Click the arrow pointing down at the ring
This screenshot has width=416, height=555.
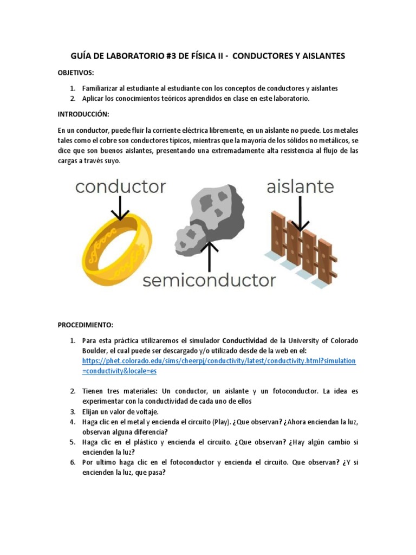click(120, 209)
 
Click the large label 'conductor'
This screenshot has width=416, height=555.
click(120, 187)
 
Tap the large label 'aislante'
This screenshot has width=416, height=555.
click(300, 187)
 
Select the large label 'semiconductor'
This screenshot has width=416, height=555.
click(209, 280)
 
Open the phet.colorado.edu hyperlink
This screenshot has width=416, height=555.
click(219, 361)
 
